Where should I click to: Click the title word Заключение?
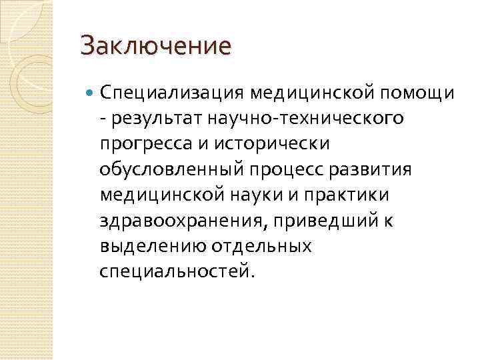(x=155, y=46)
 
